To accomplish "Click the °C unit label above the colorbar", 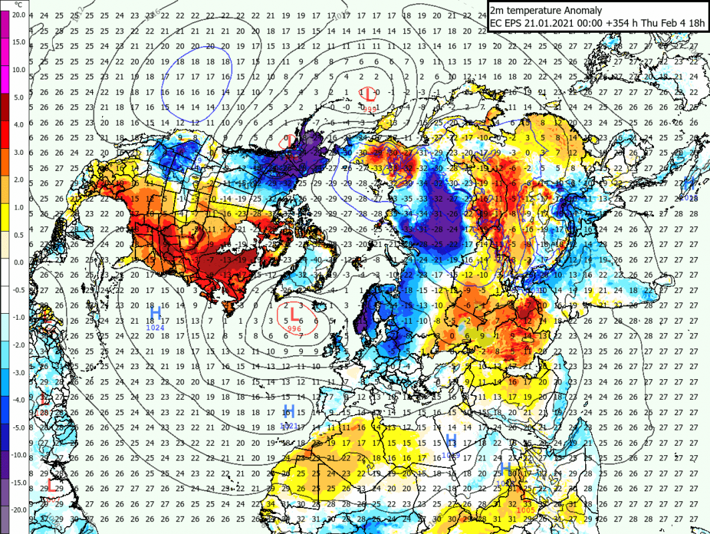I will click(18, 5).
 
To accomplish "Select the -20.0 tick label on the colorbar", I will click(17, 510).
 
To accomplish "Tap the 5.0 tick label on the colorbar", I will click(19, 97).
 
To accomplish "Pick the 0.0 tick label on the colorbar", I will click(19, 262).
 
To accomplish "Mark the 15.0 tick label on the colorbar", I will click(18, 42).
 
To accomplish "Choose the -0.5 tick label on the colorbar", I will click(19, 289).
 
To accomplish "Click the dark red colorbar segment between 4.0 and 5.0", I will click(5, 110).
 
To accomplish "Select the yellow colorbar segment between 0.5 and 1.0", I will click(5, 220).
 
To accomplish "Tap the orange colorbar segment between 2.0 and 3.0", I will click(5, 166).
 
